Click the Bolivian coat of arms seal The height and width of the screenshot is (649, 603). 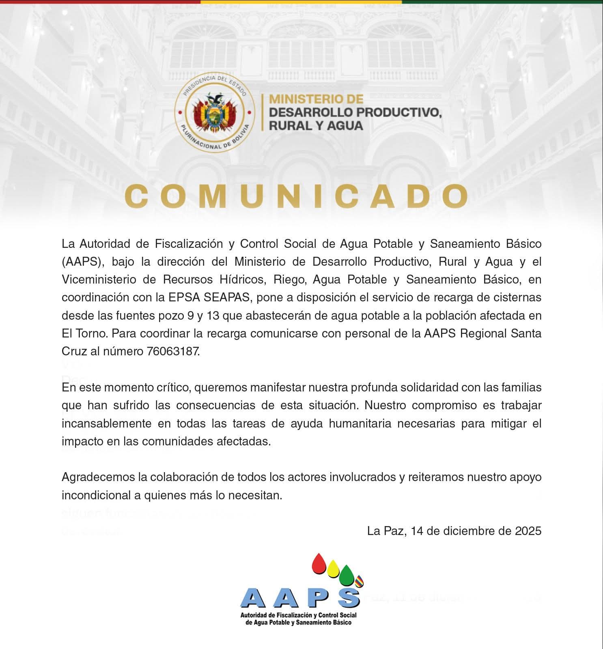[x=215, y=113]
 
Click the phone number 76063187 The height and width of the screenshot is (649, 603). [x=173, y=351]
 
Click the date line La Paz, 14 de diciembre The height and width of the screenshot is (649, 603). [x=454, y=531]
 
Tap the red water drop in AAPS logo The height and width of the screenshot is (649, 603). [x=319, y=564]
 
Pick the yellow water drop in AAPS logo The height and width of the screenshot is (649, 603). [x=333, y=569]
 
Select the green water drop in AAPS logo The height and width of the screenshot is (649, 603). [x=347, y=575]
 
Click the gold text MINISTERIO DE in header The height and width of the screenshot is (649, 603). [x=316, y=99]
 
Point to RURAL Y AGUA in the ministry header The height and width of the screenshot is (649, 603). [x=316, y=126]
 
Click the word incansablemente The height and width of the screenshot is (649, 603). [x=107, y=423]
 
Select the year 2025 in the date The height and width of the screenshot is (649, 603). [x=528, y=531]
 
